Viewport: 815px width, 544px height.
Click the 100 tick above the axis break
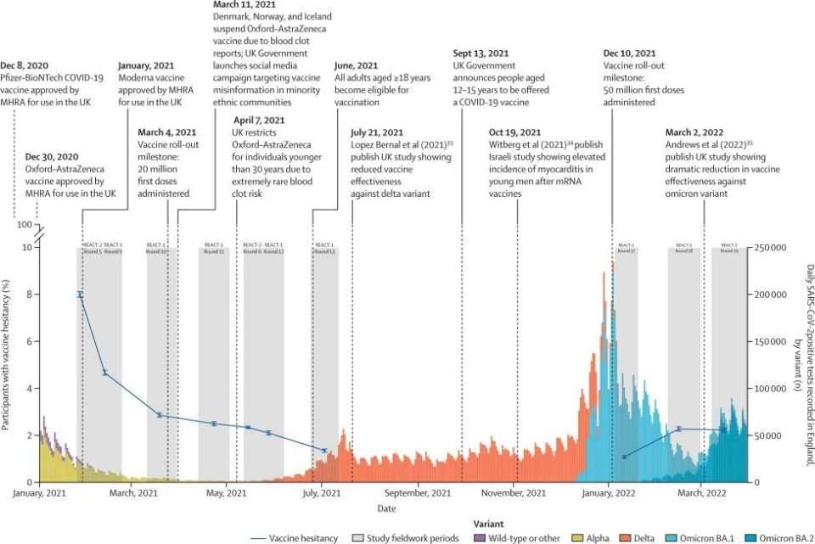(x=25, y=226)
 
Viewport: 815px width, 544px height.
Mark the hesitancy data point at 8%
(x=81, y=294)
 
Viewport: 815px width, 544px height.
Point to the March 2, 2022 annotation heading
(x=701, y=132)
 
